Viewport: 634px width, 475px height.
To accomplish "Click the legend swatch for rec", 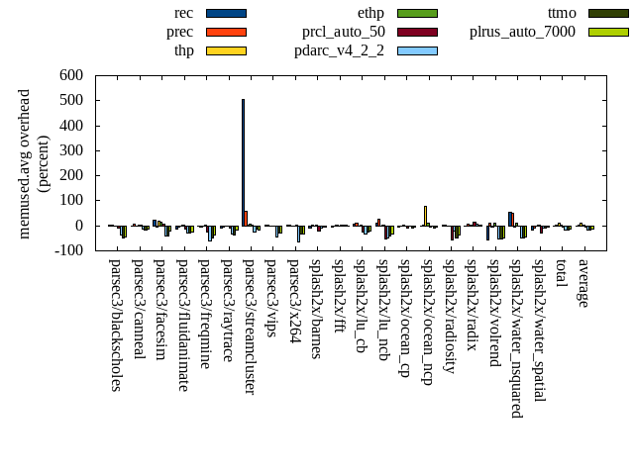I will coord(226,13).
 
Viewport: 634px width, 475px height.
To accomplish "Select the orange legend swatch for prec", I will coord(226,32).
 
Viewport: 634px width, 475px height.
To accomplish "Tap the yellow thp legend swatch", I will coord(226,50).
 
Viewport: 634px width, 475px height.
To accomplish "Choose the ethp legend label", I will coord(366,13).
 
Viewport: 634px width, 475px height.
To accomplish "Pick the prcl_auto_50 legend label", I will coord(344,32).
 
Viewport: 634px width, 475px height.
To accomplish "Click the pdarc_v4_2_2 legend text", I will coord(339,50).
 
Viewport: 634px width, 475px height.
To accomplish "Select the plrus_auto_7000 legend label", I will coord(522,32).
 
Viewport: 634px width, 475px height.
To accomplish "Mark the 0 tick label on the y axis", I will coord(78,226).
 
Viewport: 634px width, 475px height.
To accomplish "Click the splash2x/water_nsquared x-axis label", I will coord(517,337).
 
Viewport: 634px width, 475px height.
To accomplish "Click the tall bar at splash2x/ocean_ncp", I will coord(425,216).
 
